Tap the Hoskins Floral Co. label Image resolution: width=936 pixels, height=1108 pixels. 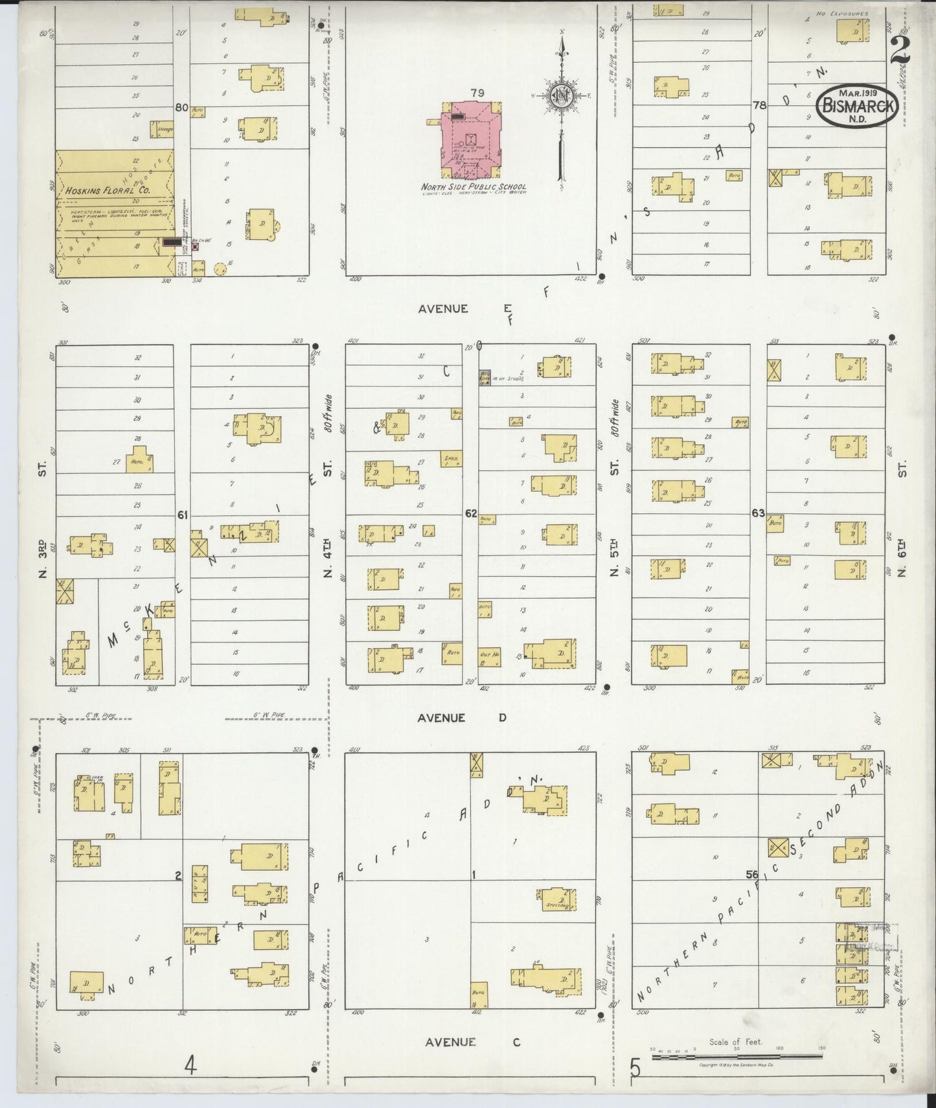(108, 190)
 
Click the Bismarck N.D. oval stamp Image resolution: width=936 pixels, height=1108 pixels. (858, 106)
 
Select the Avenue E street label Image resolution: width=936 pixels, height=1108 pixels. (443, 309)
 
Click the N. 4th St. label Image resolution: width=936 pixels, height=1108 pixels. (328, 518)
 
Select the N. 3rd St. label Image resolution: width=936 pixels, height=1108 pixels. (43, 518)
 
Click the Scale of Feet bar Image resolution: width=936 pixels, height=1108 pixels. (736, 1057)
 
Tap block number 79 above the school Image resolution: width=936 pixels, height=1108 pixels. (477, 93)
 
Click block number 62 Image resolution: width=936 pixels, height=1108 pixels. (471, 513)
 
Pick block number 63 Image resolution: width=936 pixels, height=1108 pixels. (758, 513)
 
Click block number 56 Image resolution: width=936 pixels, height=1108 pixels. (751, 874)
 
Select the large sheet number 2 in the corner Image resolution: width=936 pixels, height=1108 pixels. (900, 51)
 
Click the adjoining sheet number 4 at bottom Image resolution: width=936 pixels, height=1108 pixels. (190, 1065)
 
